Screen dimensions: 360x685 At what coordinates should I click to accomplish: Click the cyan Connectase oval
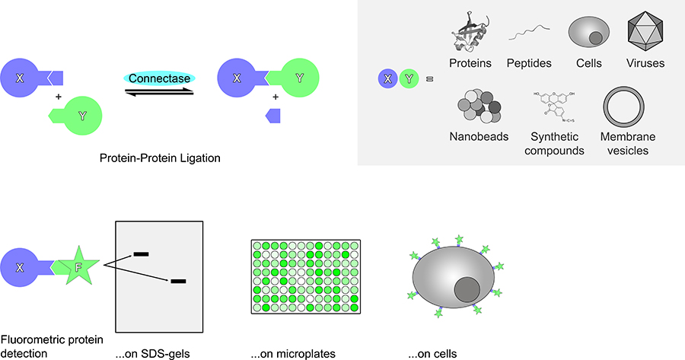[160, 78]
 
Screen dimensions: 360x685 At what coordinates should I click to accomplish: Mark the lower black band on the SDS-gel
[179, 282]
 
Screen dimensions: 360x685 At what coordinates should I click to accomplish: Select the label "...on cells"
[432, 354]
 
